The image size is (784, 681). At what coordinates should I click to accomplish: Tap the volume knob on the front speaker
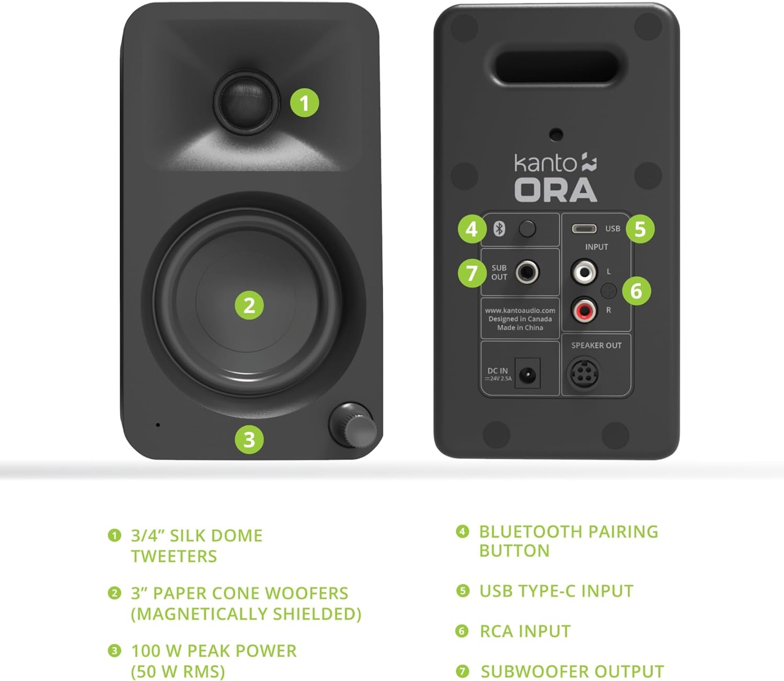tap(353, 425)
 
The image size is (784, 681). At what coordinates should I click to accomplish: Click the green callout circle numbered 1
tap(304, 103)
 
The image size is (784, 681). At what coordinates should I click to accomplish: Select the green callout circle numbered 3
tap(249, 439)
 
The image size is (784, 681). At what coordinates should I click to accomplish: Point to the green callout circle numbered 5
tap(640, 229)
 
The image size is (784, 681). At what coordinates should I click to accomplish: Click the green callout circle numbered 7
tap(472, 272)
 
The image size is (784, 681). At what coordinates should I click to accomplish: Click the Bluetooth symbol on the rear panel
tap(499, 228)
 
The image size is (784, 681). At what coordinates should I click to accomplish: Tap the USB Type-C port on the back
tap(584, 229)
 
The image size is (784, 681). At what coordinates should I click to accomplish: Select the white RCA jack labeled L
tap(583, 272)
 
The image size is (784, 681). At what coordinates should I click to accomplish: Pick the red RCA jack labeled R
tap(583, 311)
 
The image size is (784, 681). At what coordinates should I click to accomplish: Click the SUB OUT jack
tap(527, 272)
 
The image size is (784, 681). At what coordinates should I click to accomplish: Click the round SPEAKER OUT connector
tap(583, 373)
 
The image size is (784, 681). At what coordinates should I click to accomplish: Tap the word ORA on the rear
tap(556, 190)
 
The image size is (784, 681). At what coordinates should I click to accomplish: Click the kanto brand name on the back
tap(545, 163)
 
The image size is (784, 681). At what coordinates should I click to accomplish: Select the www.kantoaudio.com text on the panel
tap(520, 310)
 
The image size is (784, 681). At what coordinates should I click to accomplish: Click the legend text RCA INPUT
tap(525, 631)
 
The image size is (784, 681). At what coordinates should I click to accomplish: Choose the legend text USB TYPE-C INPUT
tap(556, 591)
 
